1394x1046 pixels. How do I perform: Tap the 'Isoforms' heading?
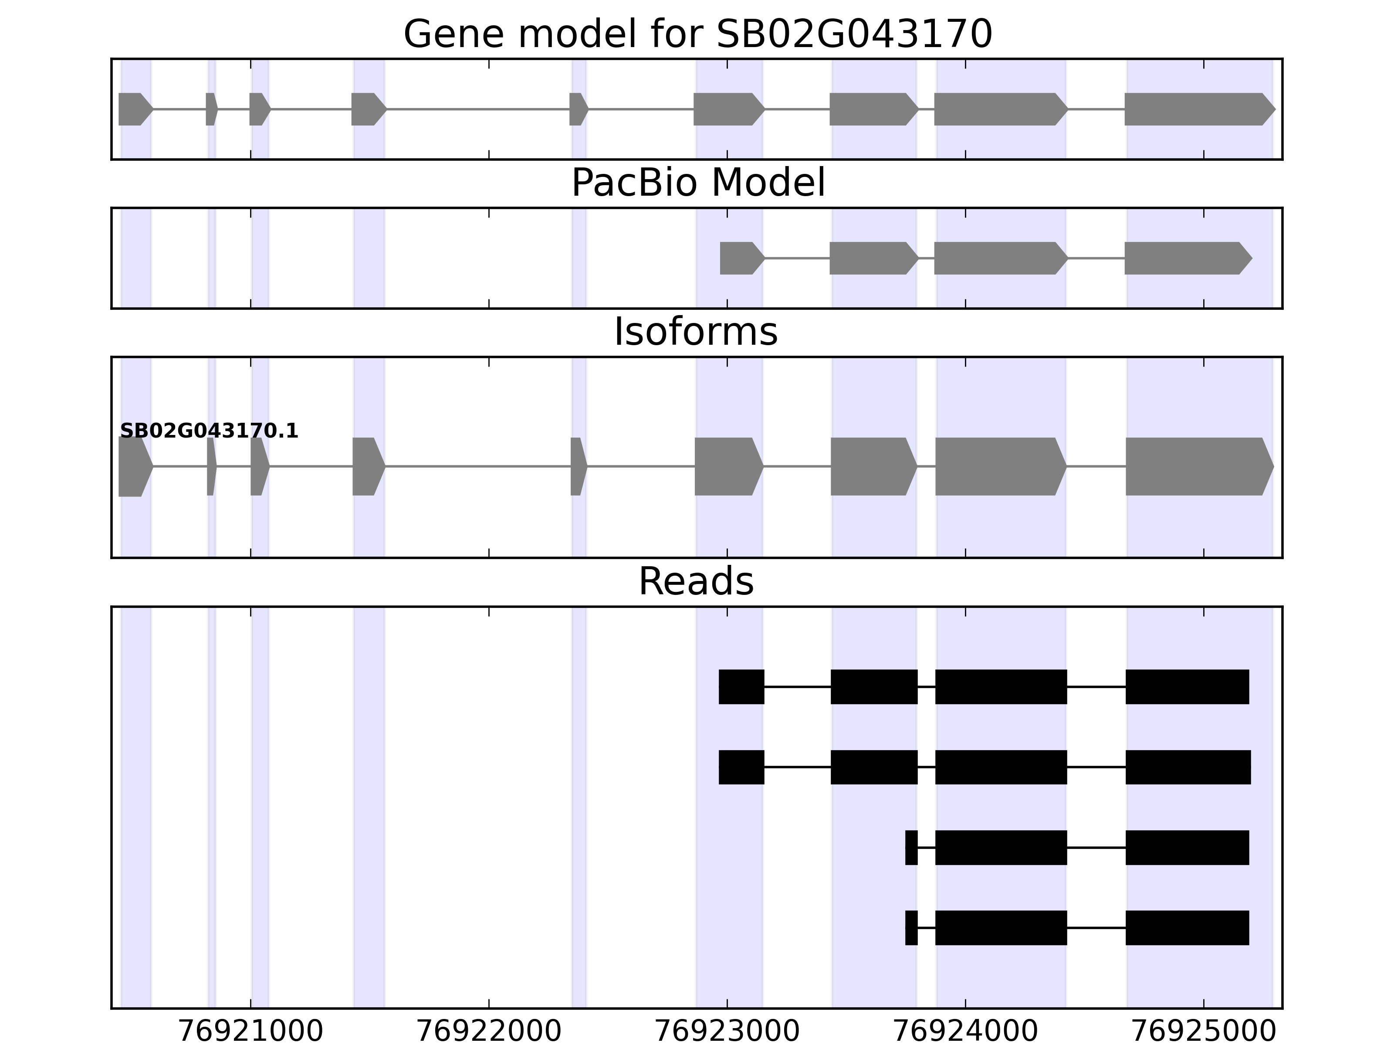pyautogui.click(x=696, y=332)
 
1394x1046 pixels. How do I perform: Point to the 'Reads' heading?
pyautogui.click(x=696, y=581)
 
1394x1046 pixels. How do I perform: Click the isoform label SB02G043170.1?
pyautogui.click(x=209, y=431)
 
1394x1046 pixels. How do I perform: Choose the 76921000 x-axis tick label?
pyautogui.click(x=251, y=1032)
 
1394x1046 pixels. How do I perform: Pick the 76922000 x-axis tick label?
pyautogui.click(x=489, y=1032)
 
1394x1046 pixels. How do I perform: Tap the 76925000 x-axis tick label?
pyautogui.click(x=1204, y=1032)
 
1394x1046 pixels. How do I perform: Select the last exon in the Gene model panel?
pyautogui.click(x=1198, y=109)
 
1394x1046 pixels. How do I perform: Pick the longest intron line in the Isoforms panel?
pyautogui.click(x=478, y=467)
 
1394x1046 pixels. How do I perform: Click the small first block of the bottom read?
pyautogui.click(x=911, y=927)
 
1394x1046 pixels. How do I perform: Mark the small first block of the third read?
pyautogui.click(x=911, y=847)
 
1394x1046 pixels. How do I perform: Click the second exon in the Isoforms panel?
pyautogui.click(x=211, y=467)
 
